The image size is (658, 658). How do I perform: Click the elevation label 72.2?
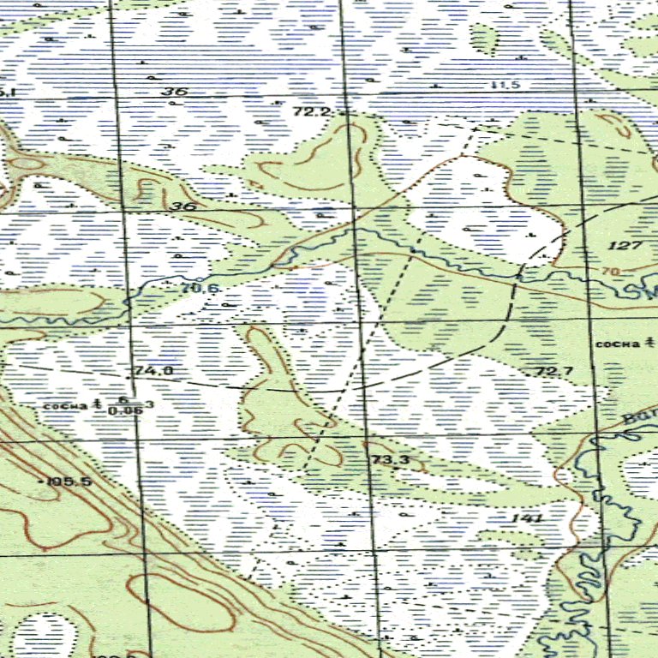(307, 112)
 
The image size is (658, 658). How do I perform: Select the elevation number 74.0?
(154, 371)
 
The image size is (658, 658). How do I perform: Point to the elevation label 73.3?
(390, 461)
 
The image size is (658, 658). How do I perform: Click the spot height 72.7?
(553, 371)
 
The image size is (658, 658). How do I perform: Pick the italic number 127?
(625, 245)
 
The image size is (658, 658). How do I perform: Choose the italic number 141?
(526, 518)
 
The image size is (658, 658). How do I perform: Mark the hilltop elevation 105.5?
(71, 482)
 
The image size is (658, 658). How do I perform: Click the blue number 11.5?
(505, 85)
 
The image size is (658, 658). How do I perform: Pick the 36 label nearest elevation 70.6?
(182, 206)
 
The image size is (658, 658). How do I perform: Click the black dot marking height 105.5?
(42, 482)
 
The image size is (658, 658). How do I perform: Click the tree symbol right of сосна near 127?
(649, 342)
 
